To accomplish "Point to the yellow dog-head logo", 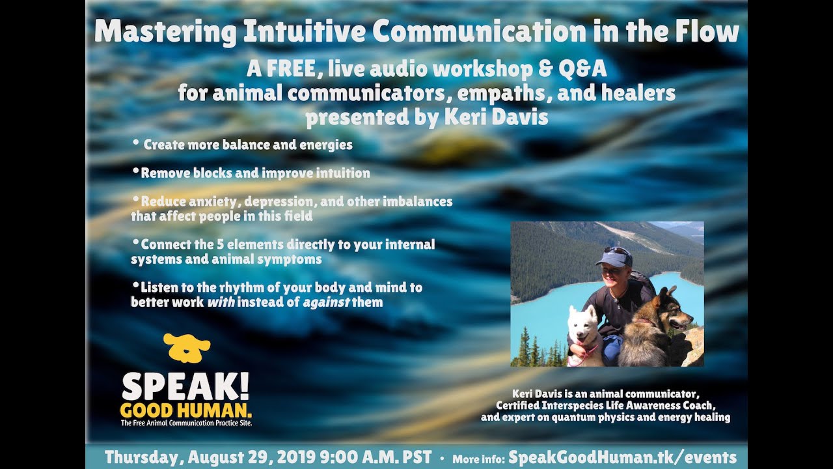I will click(x=187, y=347).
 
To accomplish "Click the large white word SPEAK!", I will click(x=185, y=387).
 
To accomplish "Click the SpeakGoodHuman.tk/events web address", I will click(x=623, y=457).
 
